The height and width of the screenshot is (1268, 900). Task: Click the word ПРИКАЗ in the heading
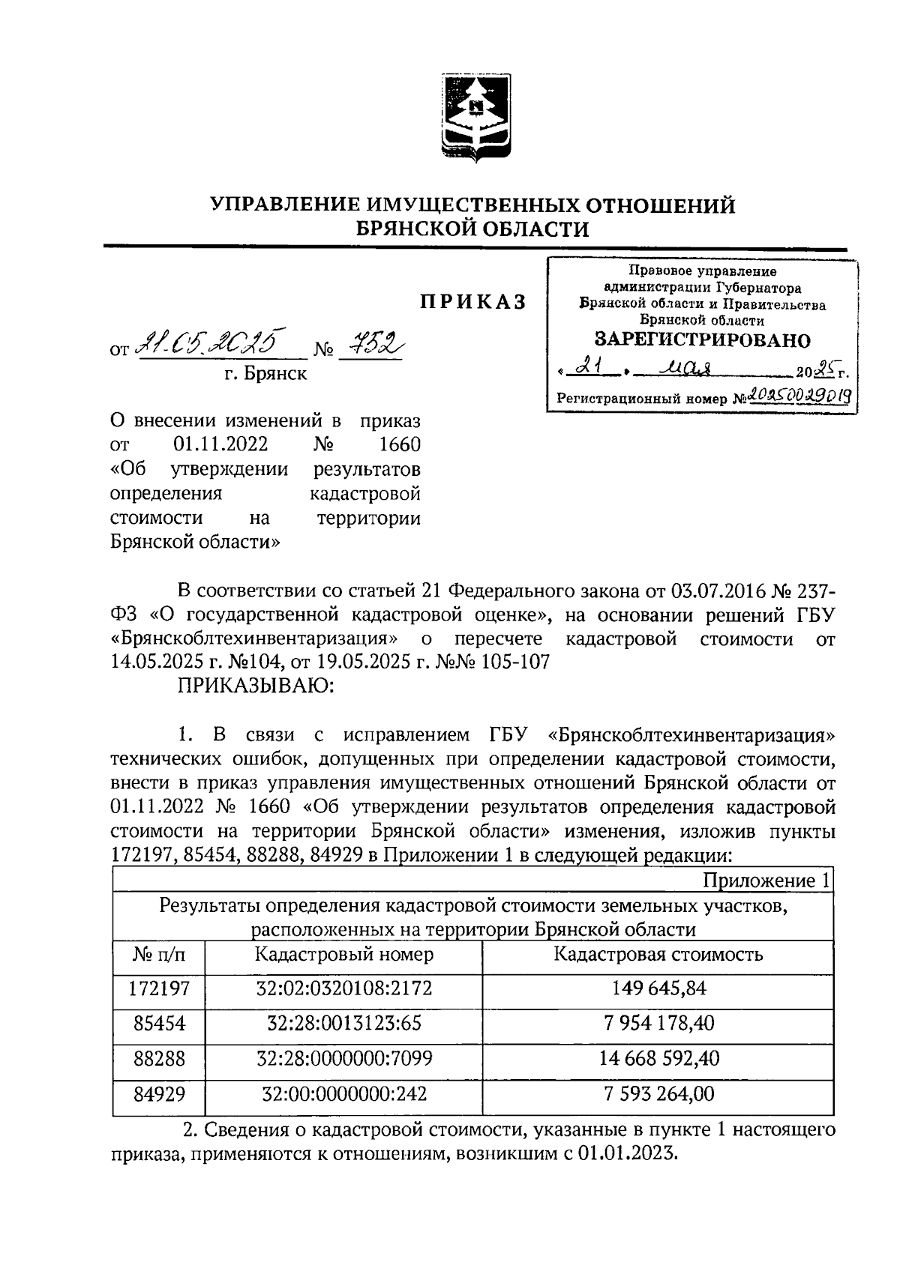(472, 301)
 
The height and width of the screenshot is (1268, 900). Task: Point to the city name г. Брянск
(266, 373)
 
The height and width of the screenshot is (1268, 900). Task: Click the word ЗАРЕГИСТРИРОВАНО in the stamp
(703, 340)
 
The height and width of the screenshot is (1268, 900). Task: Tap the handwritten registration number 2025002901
(799, 396)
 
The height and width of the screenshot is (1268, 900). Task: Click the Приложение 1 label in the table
(766, 881)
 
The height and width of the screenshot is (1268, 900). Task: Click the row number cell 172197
(158, 988)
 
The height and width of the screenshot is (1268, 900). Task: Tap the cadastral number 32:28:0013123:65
(343, 1024)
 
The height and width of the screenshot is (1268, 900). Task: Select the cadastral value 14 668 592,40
(658, 1058)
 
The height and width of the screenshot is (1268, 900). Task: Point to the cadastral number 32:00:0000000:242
(343, 1093)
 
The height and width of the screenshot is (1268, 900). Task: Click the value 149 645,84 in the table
(658, 988)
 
